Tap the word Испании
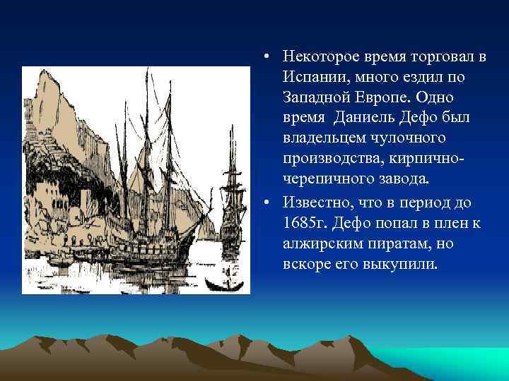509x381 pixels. coord(310,75)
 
